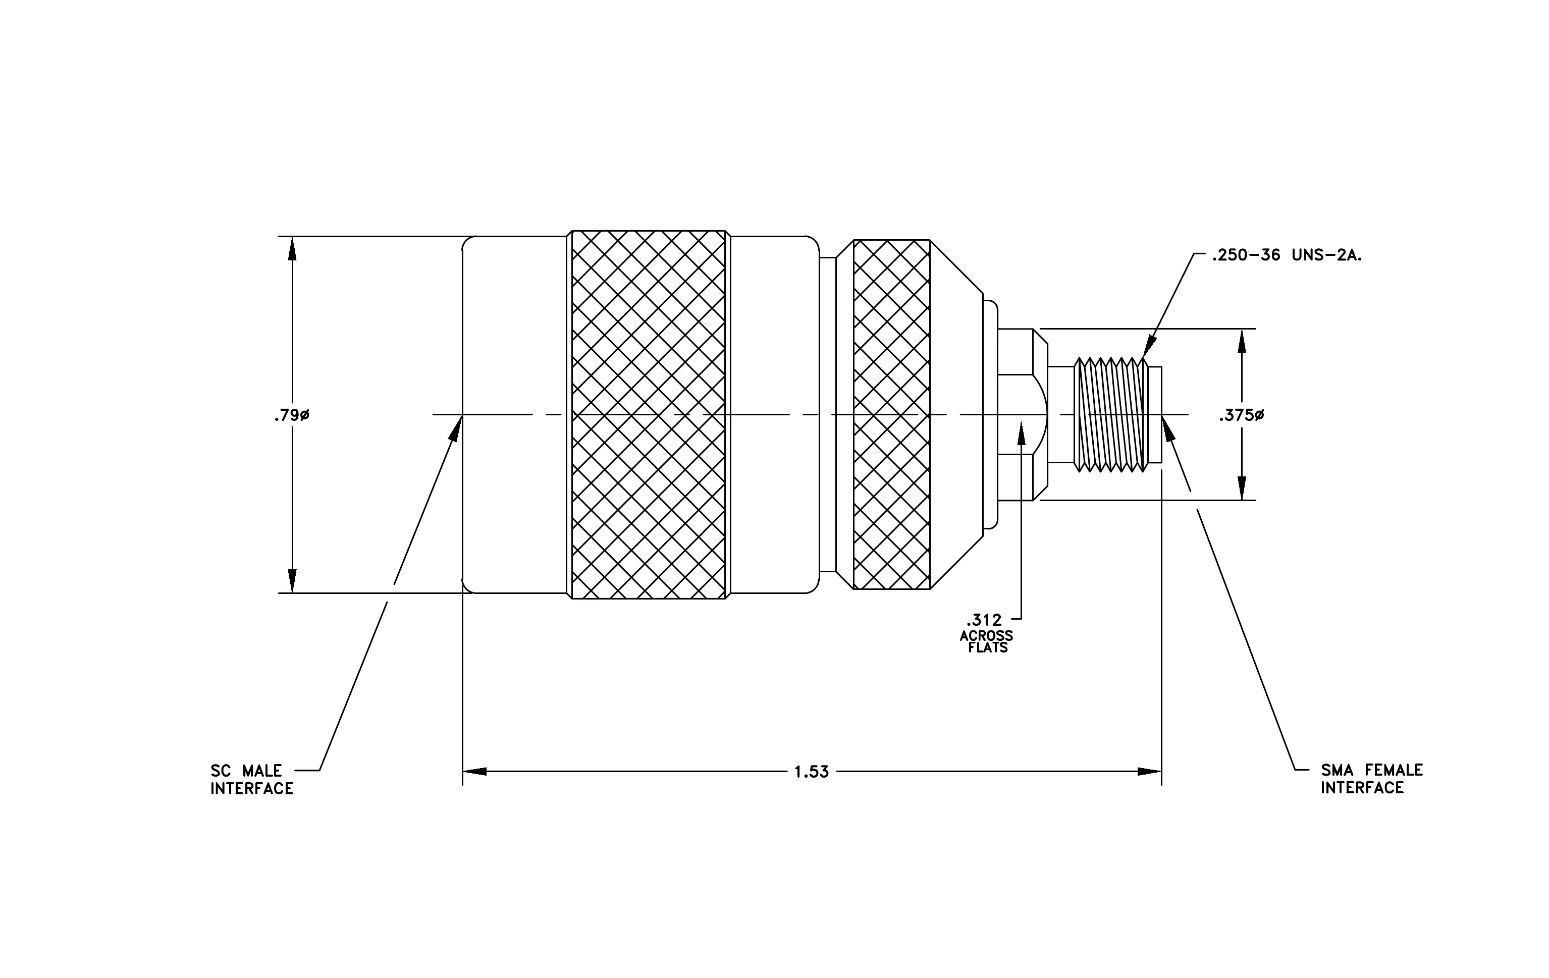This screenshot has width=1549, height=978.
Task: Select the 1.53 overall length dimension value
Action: pyautogui.click(x=812, y=772)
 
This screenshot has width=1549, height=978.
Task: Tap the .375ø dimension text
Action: pyautogui.click(x=1242, y=415)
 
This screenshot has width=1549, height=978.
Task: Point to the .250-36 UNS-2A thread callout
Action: pyautogui.click(x=1287, y=255)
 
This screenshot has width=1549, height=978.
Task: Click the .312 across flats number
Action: pyautogui.click(x=984, y=620)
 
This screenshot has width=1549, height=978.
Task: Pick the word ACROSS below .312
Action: pyautogui.click(x=986, y=635)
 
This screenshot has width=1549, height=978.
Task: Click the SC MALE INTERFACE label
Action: pyautogui.click(x=252, y=779)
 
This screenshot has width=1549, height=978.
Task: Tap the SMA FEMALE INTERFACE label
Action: pyautogui.click(x=1372, y=779)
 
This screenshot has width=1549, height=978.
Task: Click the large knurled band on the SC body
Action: pyautogui.click(x=649, y=415)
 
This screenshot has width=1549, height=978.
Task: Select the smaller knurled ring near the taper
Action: pyautogui.click(x=891, y=415)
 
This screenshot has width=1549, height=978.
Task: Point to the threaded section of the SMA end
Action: pyautogui.click(x=1111, y=415)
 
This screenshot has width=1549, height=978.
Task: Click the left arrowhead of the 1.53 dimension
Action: pyautogui.click(x=473, y=772)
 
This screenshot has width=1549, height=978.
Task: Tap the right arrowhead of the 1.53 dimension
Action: pyautogui.click(x=1150, y=772)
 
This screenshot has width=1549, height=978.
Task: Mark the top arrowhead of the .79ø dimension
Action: pyautogui.click(x=292, y=248)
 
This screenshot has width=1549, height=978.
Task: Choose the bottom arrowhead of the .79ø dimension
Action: pyautogui.click(x=292, y=581)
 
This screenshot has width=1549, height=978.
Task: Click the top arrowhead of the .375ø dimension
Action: pyautogui.click(x=1242, y=341)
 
